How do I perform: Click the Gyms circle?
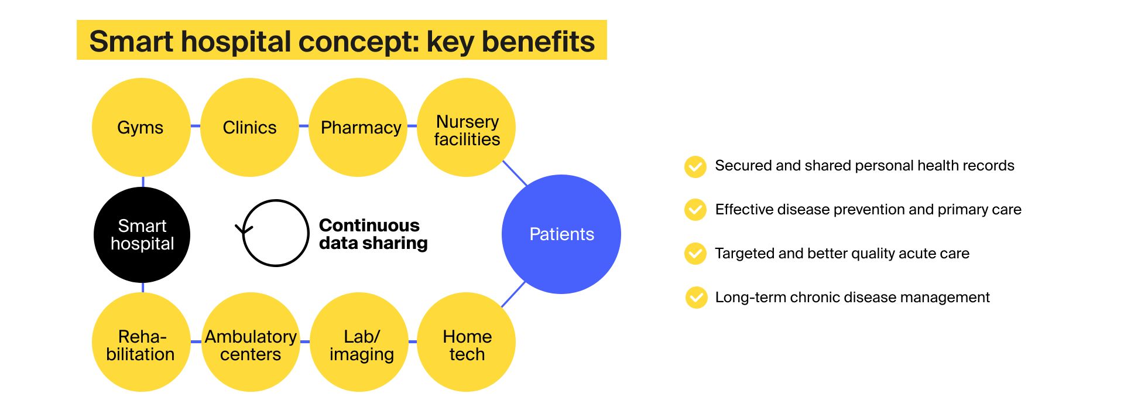(141, 127)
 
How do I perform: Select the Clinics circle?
(249, 127)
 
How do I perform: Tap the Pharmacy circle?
(358, 127)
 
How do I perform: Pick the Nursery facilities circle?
(467, 127)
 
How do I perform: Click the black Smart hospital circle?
(142, 234)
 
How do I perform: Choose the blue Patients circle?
(561, 234)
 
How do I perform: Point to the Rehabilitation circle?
(141, 343)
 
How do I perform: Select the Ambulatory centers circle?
(251, 343)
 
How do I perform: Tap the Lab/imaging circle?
(359, 343)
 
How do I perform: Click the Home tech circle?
(467, 343)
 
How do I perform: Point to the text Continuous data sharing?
(373, 234)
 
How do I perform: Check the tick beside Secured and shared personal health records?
(695, 166)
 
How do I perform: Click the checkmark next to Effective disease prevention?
(695, 210)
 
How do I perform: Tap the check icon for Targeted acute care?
(695, 254)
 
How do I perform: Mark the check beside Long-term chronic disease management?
(695, 298)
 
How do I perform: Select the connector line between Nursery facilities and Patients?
(515, 173)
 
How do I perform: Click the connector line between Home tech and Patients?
(513, 295)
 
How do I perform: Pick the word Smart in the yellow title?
(132, 42)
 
